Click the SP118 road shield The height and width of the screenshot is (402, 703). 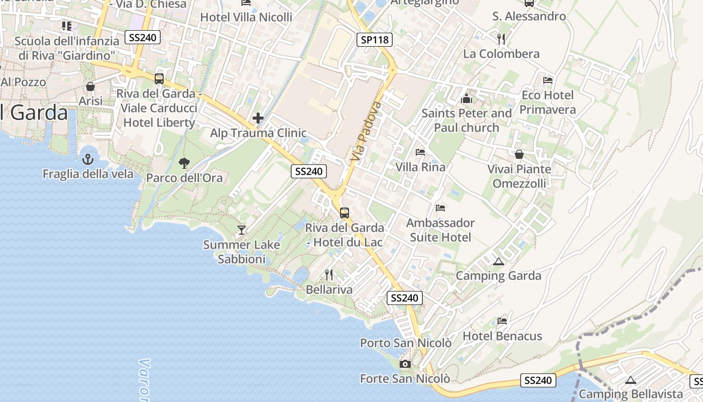tap(375, 40)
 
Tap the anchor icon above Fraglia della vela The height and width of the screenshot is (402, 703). tap(88, 159)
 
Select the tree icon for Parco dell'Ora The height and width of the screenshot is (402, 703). tap(184, 163)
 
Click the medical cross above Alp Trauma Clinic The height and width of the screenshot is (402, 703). tap(258, 119)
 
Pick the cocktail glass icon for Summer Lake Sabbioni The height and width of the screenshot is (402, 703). tap(242, 230)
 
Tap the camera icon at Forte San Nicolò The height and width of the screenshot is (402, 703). tap(405, 364)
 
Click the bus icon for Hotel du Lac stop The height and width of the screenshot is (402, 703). tap(344, 213)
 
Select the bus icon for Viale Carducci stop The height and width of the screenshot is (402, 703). tap(159, 79)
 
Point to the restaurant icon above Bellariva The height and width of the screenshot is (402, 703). tap(329, 274)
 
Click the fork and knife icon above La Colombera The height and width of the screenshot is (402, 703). tap(501, 39)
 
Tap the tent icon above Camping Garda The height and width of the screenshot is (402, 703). tap(498, 261)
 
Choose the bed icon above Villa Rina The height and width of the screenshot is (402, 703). tap(420, 152)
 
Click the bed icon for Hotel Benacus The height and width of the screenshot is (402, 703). tap(502, 321)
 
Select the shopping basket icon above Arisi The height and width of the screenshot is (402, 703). tap(90, 86)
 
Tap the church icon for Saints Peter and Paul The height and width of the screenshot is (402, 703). tap(466, 98)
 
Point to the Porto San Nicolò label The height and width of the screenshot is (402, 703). tap(406, 343)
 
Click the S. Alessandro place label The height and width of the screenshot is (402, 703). tap(529, 16)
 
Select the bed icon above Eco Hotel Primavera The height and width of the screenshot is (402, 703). tap(548, 80)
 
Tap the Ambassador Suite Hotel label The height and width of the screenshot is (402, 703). tap(440, 230)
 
